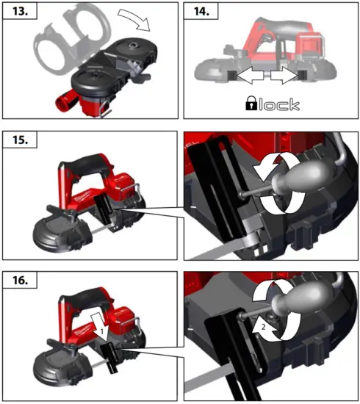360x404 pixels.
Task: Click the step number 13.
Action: tap(20, 13)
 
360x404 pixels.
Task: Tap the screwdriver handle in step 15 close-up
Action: tap(291, 178)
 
